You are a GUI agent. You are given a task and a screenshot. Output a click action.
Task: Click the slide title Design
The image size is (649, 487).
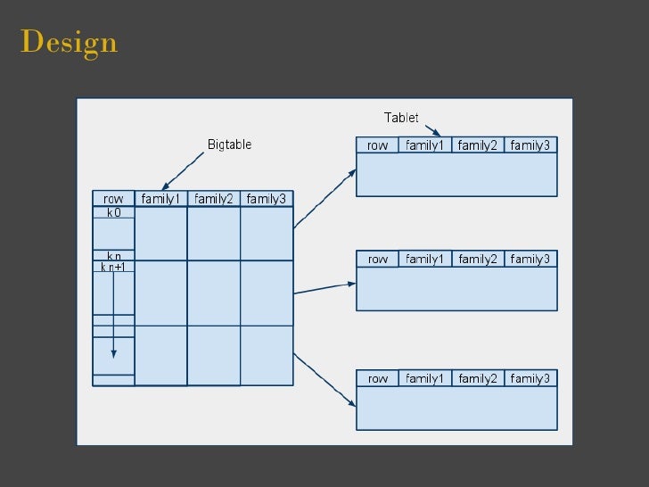point(69,42)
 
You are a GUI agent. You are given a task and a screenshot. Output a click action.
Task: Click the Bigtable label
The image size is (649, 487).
point(229,144)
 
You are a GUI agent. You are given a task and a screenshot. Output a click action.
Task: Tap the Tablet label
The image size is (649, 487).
point(401,118)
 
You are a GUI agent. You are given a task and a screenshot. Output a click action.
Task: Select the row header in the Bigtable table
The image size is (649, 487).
point(113,199)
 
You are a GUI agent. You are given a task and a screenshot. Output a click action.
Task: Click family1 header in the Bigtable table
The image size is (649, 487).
point(160,199)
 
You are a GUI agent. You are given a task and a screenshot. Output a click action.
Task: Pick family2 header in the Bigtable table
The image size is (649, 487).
point(213,199)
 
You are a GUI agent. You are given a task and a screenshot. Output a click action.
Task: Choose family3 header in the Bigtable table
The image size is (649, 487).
point(266,199)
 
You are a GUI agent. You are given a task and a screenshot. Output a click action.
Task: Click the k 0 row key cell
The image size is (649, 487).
point(113,213)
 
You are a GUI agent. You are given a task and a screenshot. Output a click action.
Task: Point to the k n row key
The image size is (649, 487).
point(113,256)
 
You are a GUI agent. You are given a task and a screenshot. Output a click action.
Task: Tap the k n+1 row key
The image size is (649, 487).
point(113,267)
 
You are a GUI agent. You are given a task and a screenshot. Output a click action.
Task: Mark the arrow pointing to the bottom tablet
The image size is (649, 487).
point(324,379)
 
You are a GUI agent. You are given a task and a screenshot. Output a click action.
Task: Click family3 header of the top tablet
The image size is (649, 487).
point(530,145)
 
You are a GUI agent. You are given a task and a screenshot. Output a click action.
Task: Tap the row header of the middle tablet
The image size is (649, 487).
point(377,260)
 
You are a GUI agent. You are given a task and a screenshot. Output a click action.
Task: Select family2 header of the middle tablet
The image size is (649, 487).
point(478,260)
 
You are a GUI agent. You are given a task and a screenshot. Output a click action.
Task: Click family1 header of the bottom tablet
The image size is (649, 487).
point(424,379)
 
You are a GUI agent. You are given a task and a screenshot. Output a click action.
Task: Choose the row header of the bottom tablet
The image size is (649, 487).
point(377,379)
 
